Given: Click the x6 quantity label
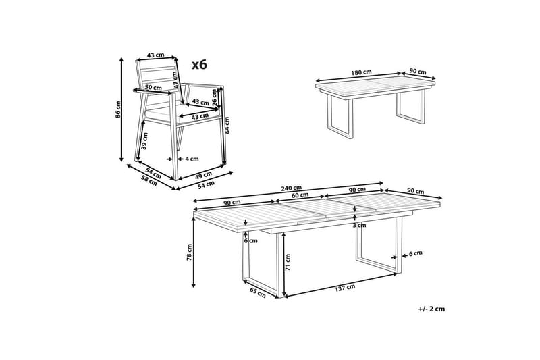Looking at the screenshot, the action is [x=199, y=64].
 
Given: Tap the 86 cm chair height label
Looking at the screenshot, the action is [x=118, y=109].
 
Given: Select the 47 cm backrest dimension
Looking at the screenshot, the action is [x=175, y=80].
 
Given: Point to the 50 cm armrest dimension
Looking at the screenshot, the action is [x=153, y=88].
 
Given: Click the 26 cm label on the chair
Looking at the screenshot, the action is [x=215, y=97].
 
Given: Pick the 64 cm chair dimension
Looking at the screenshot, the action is [x=227, y=126].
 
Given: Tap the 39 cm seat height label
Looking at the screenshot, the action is [x=144, y=141].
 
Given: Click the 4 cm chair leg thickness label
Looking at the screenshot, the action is [x=192, y=159].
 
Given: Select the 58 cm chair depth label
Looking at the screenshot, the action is [x=149, y=180].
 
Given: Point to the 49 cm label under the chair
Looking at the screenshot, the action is [x=204, y=175].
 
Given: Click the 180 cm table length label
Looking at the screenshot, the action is [x=361, y=72].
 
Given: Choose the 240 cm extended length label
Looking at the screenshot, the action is [x=291, y=188].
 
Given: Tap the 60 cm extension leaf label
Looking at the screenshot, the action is [x=300, y=195].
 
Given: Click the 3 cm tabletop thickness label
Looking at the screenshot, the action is [x=359, y=226].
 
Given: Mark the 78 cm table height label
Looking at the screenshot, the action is [x=190, y=252].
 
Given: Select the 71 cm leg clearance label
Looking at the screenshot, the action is [x=288, y=262].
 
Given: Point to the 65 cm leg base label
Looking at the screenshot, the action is [x=258, y=292].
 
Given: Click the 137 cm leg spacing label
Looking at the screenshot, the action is [x=345, y=288].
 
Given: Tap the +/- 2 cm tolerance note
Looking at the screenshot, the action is [x=431, y=309].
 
